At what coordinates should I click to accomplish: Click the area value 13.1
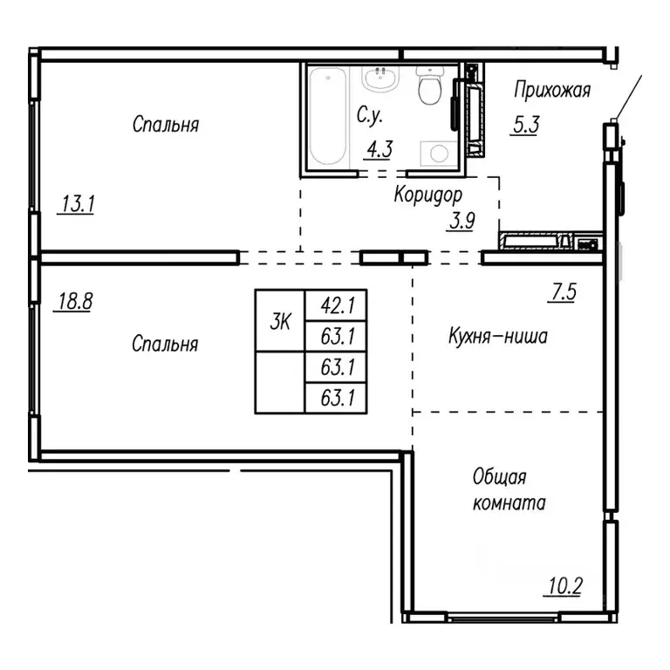tap(78, 205)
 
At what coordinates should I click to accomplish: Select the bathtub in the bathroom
tap(327, 118)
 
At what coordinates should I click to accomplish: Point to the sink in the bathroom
tap(380, 79)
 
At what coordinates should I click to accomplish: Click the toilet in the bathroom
tap(428, 85)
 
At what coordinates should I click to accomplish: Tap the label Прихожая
tap(552, 90)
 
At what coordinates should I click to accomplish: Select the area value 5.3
tap(525, 125)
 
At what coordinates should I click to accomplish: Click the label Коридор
tap(427, 195)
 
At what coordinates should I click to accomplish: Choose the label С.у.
tap(371, 115)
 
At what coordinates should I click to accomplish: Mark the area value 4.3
tap(379, 148)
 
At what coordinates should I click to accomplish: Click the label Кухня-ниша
tap(497, 337)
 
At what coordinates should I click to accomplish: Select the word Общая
tap(499, 477)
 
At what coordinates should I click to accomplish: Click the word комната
tap(509, 503)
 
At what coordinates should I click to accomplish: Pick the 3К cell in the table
tap(279, 321)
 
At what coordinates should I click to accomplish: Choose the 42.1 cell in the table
tap(335, 305)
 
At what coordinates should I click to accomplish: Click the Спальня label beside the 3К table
tap(165, 344)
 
